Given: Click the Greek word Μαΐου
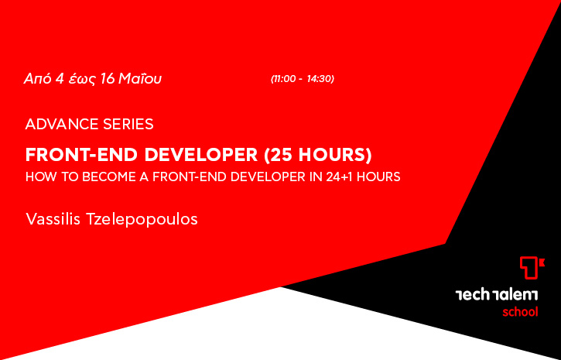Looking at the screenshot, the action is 140,79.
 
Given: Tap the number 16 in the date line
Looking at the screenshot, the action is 108,79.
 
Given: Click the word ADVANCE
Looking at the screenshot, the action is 62,124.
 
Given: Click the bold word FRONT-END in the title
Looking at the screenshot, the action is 82,155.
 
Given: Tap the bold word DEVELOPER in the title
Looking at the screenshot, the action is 201,155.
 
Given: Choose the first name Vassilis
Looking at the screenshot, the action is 53,219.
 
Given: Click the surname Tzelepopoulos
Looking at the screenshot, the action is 142,220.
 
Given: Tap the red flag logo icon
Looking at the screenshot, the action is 532,267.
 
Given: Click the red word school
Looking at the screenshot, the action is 520,312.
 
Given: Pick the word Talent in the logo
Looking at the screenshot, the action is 515,295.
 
